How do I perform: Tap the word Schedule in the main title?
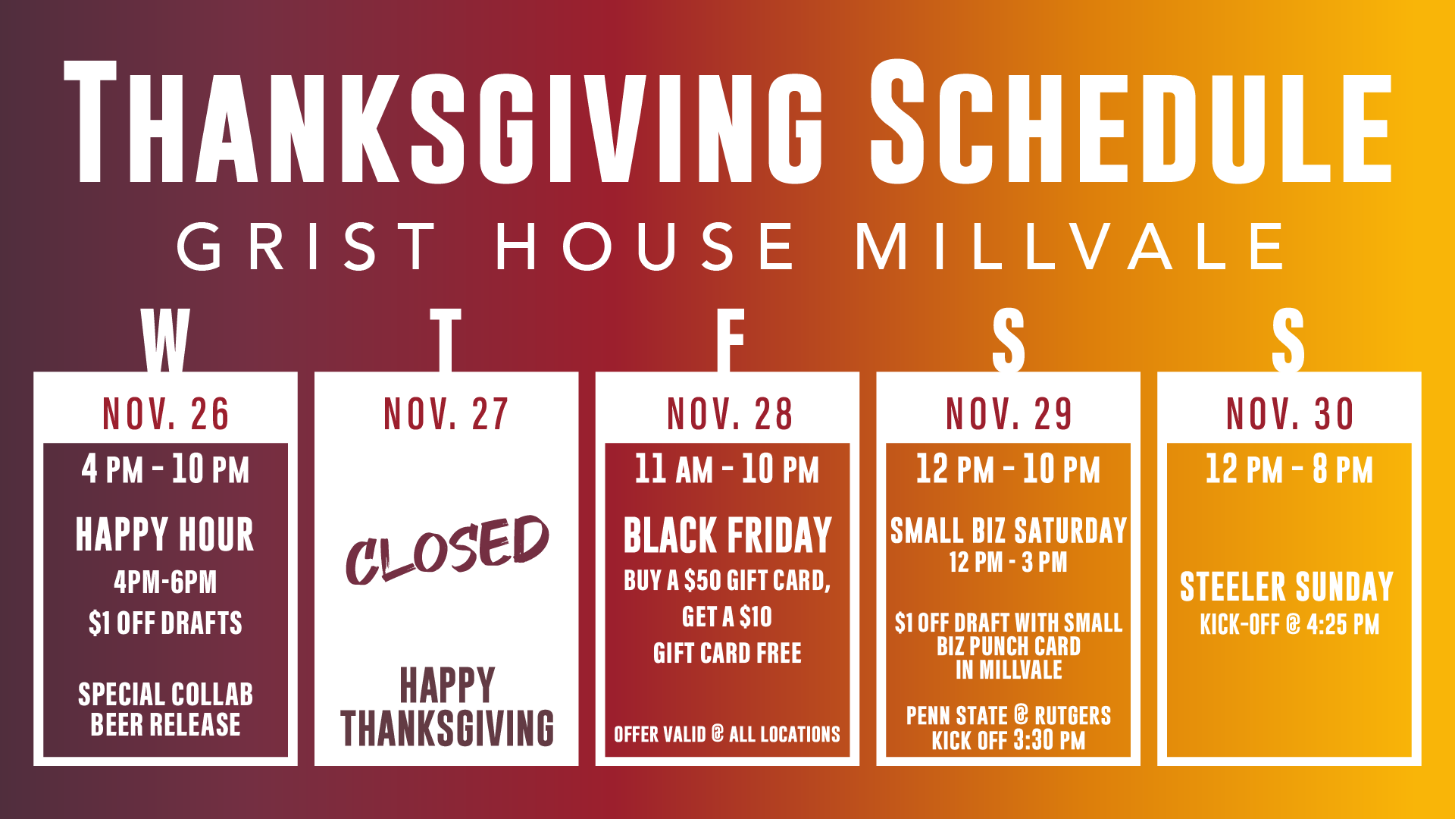pos(1131,121)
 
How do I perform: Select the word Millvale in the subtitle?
pos(1070,246)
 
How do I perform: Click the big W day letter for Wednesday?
pos(165,340)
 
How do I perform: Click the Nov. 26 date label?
pos(166,414)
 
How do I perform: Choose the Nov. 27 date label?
pos(446,414)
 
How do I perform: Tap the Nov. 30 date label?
pos(1290,414)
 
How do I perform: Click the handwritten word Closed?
pos(447,550)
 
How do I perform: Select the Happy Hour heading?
pos(165,535)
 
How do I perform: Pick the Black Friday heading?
pos(727,535)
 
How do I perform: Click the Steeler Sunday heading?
pos(1287,587)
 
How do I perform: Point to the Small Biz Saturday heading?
pos(1009,531)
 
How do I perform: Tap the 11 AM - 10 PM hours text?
pos(727,469)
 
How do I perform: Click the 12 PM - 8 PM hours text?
pos(1289,469)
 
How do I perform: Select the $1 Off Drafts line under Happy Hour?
pos(165,623)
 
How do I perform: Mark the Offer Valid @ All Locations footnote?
pos(727,734)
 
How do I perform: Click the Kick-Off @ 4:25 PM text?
pos(1290,625)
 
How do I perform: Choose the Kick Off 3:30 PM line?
pos(1009,740)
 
